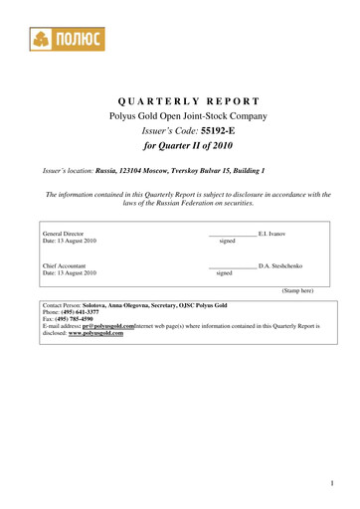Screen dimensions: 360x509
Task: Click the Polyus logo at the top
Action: (x=65, y=39)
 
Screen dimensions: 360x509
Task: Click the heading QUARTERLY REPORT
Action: (x=189, y=101)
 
